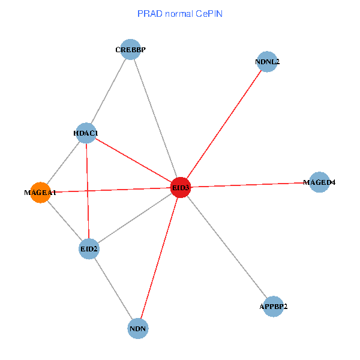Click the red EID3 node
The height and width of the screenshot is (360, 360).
pos(181,187)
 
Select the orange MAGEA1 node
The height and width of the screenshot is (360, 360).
pos(40,193)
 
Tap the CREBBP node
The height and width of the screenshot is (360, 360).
pos(130,49)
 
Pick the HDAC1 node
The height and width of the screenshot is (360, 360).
pos(85,133)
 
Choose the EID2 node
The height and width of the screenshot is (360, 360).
pos(89,248)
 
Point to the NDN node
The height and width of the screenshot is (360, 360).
pos(138,328)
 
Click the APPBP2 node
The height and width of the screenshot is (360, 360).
pos(274,306)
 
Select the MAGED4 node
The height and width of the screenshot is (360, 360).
pos(319,182)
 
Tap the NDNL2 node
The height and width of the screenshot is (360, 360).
pos(267,61)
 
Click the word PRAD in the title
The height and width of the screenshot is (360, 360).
pos(148,13)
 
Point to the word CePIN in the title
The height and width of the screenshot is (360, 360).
pos(208,13)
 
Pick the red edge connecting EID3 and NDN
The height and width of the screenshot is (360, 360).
pos(160,258)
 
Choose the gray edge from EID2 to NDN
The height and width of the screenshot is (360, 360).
pos(113,288)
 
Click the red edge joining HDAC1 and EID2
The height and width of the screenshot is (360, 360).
pos(87,190)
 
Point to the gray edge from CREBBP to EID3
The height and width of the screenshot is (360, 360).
pos(155,118)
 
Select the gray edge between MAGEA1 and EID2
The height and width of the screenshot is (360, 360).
pos(64,220)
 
